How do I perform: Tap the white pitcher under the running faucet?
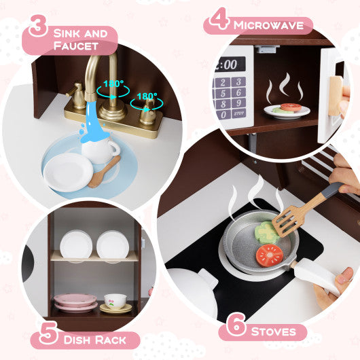[103, 150]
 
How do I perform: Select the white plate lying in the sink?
[68, 171]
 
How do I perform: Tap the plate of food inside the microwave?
[287, 110]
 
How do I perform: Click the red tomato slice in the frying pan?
[270, 255]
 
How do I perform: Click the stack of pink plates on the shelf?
[76, 302]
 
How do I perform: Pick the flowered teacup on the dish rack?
[115, 301]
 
